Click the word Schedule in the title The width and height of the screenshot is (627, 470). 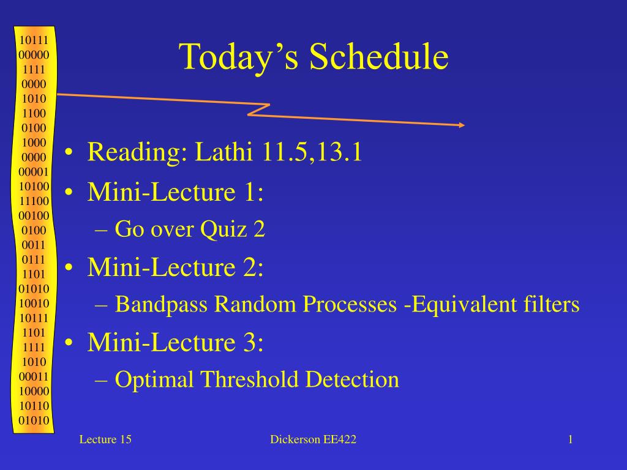[x=378, y=56]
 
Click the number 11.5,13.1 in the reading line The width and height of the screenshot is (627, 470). [x=312, y=152]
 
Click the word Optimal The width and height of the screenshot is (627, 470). [x=154, y=379]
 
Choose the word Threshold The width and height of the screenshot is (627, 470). [x=249, y=379]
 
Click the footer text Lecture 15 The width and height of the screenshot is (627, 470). [x=105, y=439]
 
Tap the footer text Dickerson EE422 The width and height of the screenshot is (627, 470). [x=313, y=439]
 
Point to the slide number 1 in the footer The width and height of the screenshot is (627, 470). [x=570, y=439]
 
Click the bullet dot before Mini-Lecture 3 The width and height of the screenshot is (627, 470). [x=69, y=343]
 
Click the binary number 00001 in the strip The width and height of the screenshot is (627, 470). [x=34, y=172]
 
